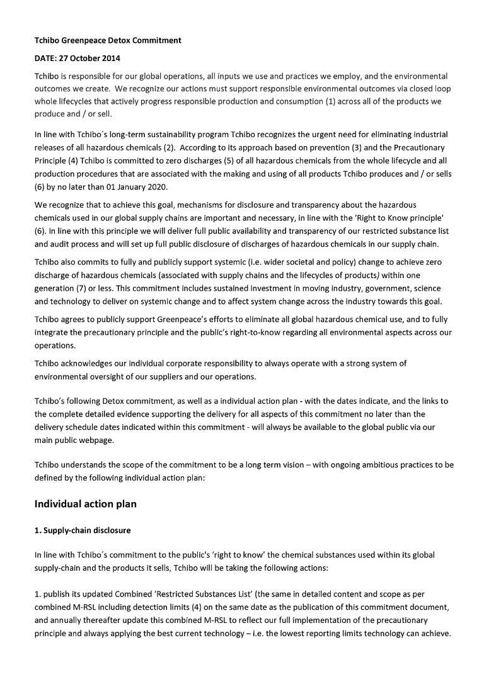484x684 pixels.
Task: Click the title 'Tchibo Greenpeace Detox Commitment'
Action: coord(108,40)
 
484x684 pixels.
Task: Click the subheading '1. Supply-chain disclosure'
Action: coord(83,530)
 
